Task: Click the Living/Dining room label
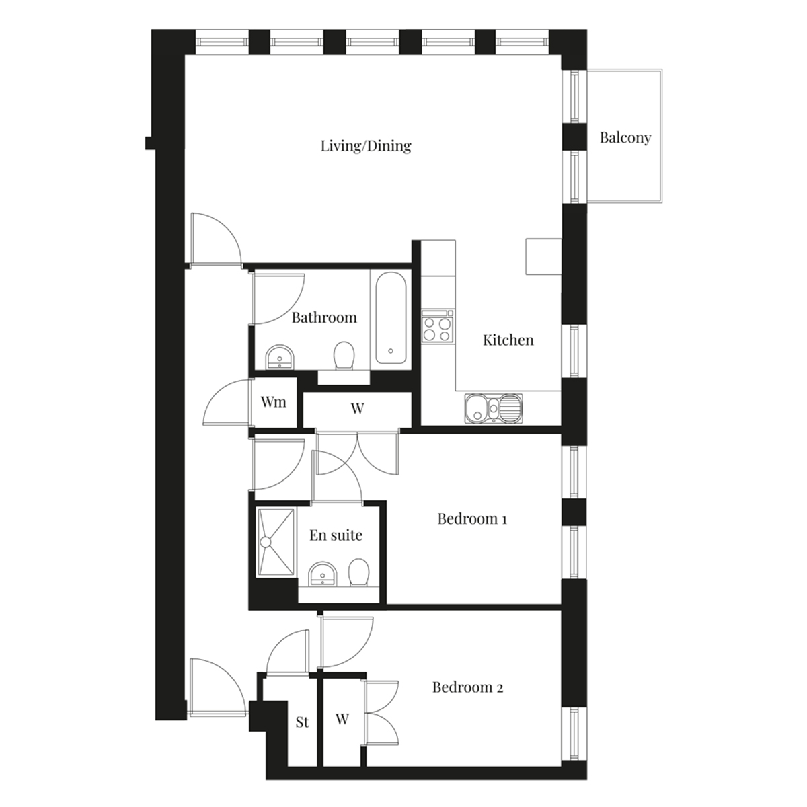(x=366, y=146)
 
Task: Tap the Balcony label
(x=625, y=137)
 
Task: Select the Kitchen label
(x=508, y=340)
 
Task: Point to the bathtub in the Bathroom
(x=390, y=320)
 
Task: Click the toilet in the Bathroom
(x=344, y=356)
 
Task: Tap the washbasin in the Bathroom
(x=280, y=357)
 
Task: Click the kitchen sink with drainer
(x=494, y=408)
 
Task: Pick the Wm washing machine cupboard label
(x=274, y=402)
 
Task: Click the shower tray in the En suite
(x=276, y=542)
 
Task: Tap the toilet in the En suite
(x=358, y=573)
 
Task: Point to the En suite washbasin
(x=323, y=574)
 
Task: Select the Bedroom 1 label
(x=472, y=519)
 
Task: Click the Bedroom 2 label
(x=468, y=687)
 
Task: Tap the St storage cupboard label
(x=303, y=722)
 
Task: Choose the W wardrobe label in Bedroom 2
(x=342, y=719)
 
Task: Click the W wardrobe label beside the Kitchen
(x=357, y=408)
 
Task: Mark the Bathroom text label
(x=324, y=317)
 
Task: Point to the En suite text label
(x=336, y=535)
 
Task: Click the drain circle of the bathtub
(x=391, y=351)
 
